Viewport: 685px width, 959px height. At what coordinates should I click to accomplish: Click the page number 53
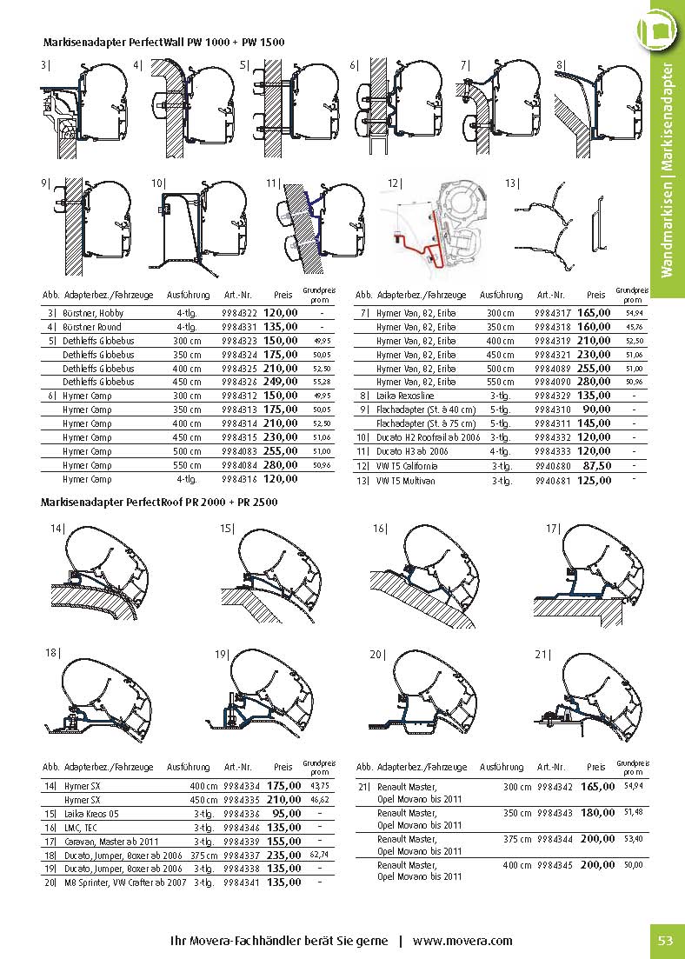coord(666,941)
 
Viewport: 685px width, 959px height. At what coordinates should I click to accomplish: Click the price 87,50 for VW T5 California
coord(596,466)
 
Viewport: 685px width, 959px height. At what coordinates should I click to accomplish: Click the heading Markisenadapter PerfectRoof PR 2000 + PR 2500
coord(159,502)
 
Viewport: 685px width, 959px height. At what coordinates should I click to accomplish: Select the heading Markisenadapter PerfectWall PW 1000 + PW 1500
coord(163,42)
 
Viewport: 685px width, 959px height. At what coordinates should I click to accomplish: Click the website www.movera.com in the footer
coord(462,941)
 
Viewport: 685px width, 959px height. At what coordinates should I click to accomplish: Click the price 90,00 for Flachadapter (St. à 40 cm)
coord(596,410)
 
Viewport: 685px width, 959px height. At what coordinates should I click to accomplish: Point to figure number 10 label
coord(157,183)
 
